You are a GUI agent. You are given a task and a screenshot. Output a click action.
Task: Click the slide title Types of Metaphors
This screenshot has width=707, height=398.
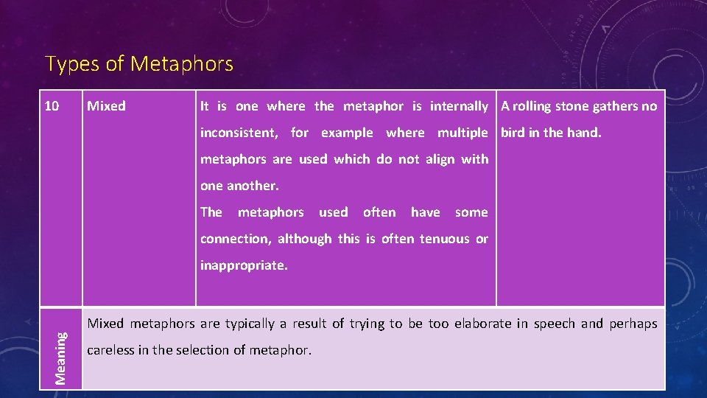139,64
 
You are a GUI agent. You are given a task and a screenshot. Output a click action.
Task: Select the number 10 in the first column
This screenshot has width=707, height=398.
52,106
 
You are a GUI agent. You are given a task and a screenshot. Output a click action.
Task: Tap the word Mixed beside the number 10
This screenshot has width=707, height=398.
106,106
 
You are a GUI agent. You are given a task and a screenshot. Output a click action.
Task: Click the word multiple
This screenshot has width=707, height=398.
462,133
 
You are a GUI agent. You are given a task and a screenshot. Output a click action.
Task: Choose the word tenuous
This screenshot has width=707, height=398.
444,239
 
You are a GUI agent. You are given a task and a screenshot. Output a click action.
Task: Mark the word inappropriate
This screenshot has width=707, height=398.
244,265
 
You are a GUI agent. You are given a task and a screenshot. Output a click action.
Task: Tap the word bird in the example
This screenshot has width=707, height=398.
513,133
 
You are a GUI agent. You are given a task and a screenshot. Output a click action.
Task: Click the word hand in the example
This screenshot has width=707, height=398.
585,133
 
